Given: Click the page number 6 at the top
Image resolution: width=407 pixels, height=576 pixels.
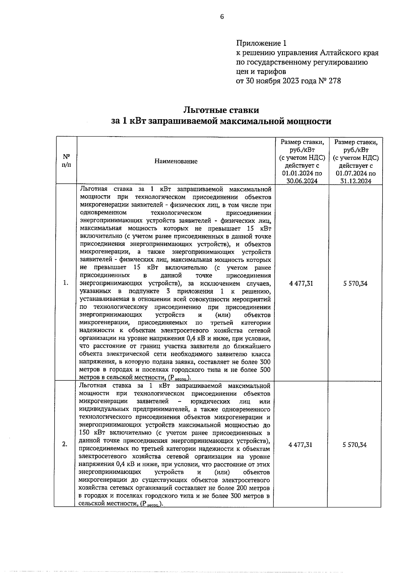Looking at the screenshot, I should pyautogui.click(x=222, y=17).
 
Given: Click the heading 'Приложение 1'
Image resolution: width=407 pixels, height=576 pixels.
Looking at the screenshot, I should pyautogui.click(x=261, y=43).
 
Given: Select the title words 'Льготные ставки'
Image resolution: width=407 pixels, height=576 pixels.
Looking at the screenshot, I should pyautogui.click(x=221, y=110).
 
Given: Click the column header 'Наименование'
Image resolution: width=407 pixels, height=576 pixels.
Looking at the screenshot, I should pyautogui.click(x=176, y=161).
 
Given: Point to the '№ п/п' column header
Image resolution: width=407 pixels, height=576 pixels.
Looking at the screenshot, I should pyautogui.click(x=66, y=161).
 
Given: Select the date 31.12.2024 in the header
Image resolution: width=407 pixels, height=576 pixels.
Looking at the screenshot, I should pyautogui.click(x=356, y=181).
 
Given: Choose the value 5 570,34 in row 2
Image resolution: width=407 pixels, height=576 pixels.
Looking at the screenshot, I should pyautogui.click(x=354, y=445).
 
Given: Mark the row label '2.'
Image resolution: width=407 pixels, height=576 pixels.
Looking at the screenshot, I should pyautogui.click(x=65, y=445).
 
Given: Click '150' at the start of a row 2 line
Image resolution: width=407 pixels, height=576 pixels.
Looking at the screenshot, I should pyautogui.click(x=84, y=433).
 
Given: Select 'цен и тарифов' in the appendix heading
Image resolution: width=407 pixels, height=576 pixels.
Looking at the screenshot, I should pyautogui.click(x=261, y=72).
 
